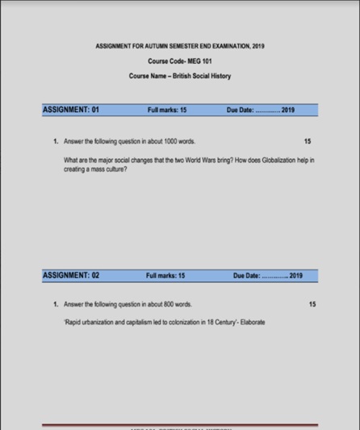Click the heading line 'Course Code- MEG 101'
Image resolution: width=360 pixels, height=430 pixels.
[x=179, y=61]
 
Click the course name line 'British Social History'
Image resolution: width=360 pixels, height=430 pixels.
[x=179, y=76]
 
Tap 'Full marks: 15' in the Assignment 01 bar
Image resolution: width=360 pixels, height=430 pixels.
[x=168, y=110]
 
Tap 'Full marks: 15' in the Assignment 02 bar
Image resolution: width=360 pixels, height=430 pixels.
[x=165, y=276]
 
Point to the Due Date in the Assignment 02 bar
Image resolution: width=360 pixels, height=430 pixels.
[x=267, y=276]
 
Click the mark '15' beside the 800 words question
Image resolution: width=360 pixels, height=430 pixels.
[x=312, y=304]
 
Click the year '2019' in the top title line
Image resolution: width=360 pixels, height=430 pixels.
[x=257, y=46]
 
